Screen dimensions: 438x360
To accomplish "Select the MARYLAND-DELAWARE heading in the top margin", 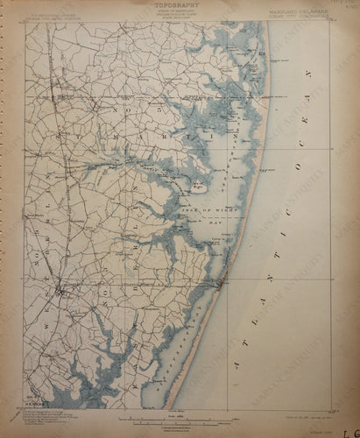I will pyautogui.click(x=296, y=10).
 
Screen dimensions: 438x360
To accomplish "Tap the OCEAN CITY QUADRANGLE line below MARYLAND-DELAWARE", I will pyautogui.click(x=296, y=15).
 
